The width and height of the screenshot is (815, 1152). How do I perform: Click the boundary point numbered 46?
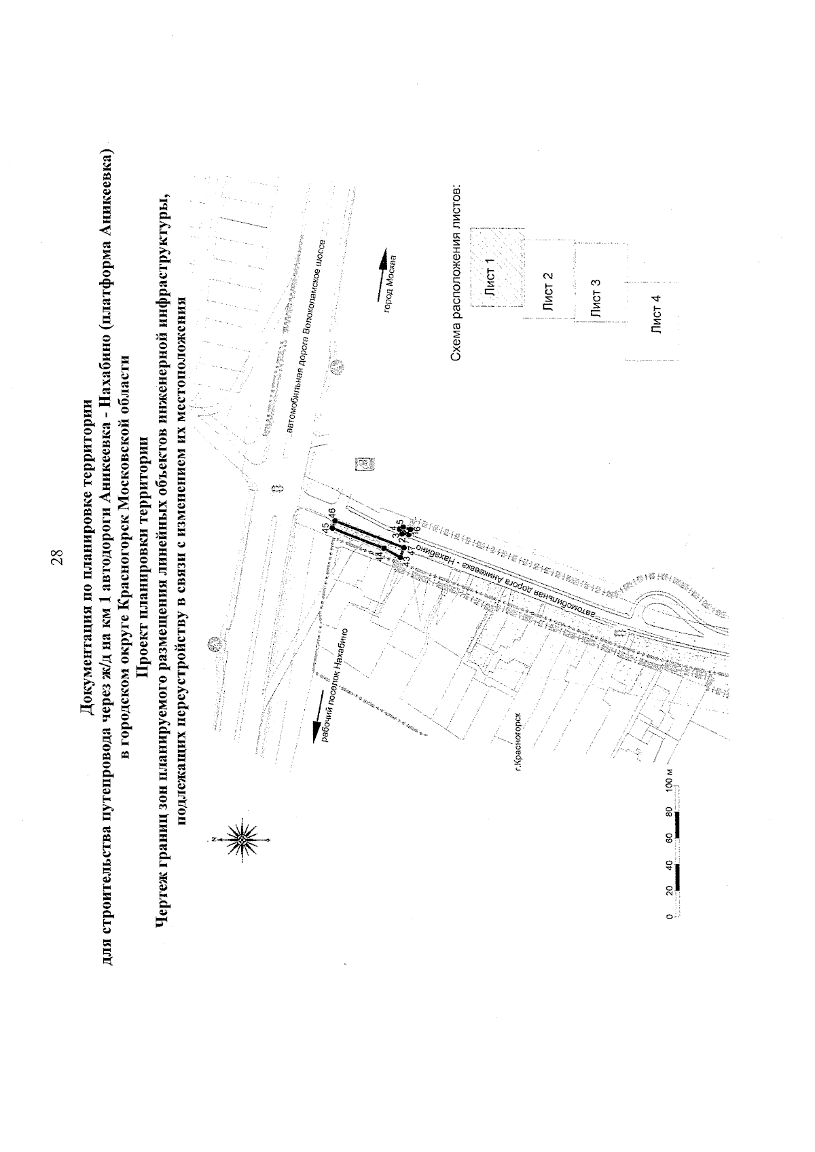[x=335, y=521]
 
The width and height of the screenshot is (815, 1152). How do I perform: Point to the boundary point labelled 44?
[x=384, y=548]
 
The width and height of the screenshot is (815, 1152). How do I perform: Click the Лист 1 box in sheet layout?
[x=496, y=268]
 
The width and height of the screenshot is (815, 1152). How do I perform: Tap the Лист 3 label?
[x=596, y=303]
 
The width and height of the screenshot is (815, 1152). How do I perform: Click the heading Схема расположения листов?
[x=456, y=273]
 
